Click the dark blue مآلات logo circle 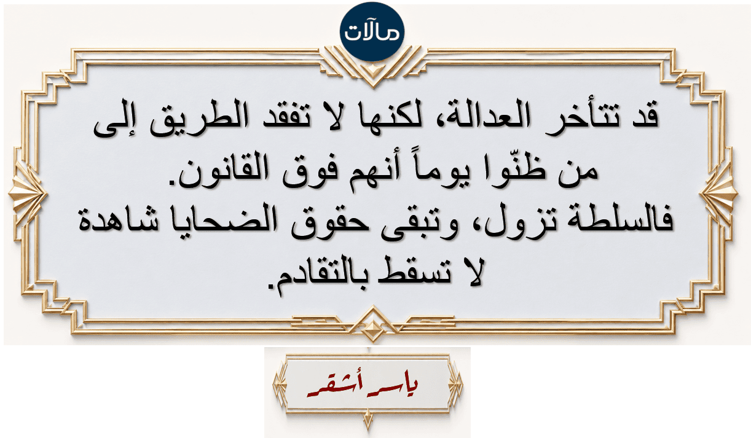[372, 31]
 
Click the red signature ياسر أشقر [363, 388]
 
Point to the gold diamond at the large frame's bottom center [372, 326]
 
